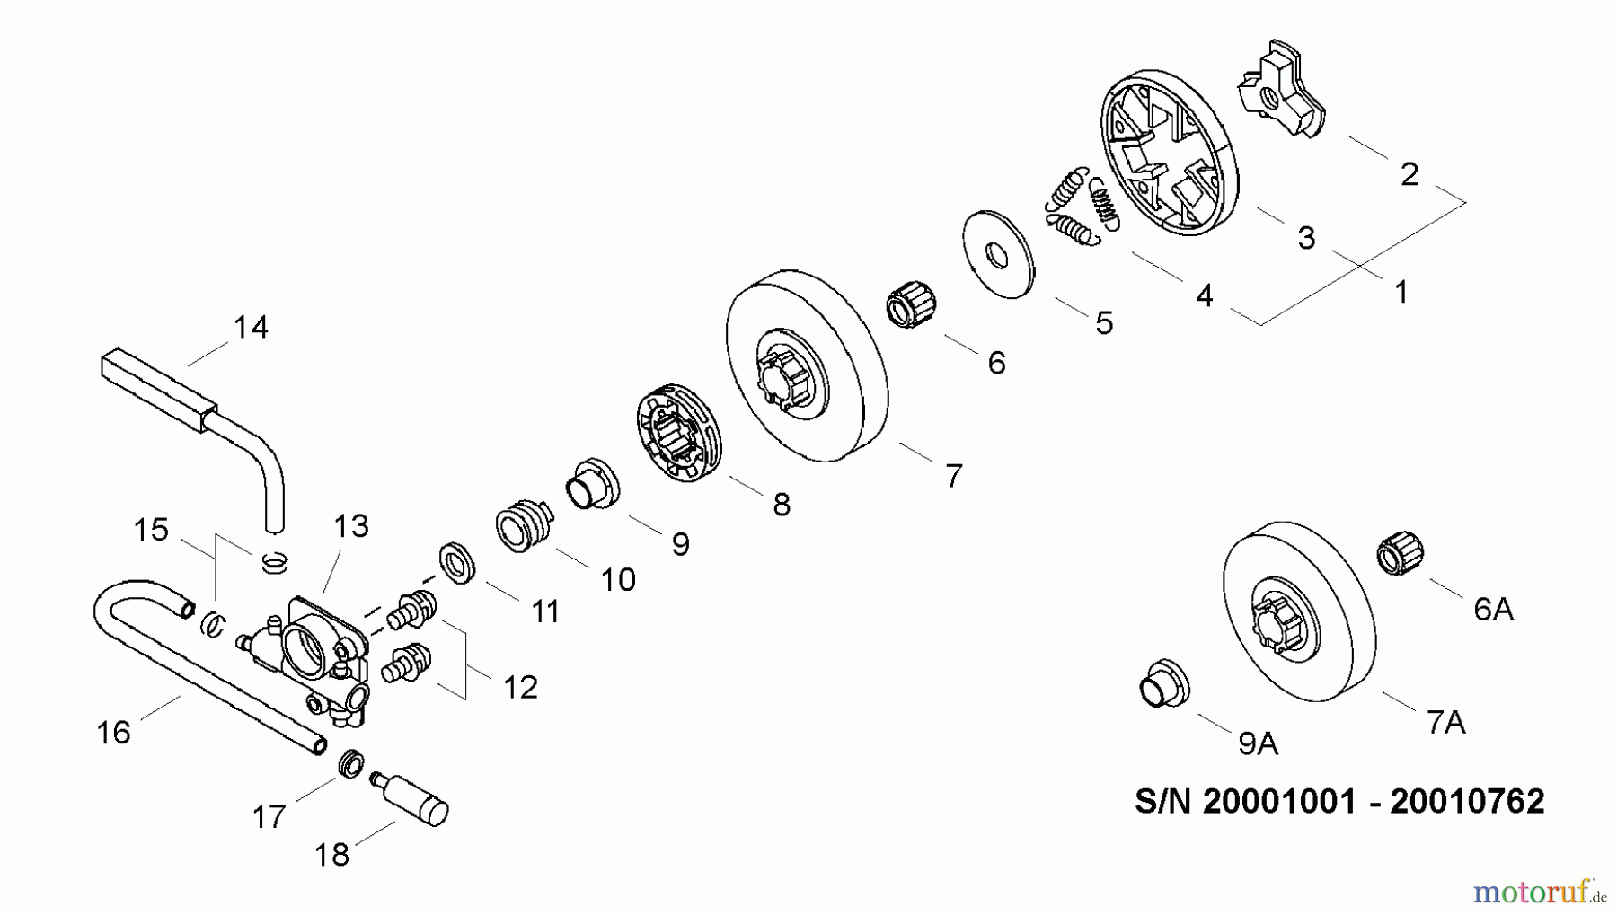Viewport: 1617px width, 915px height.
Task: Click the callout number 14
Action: point(251,327)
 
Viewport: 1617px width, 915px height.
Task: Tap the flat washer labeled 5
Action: point(998,254)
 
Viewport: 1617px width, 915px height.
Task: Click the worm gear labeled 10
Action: point(522,524)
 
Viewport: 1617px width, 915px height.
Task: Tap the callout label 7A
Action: point(1445,722)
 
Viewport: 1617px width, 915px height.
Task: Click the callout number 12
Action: point(520,687)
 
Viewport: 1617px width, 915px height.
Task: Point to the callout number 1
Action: point(1401,292)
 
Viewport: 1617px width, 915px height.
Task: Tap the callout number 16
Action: point(113,733)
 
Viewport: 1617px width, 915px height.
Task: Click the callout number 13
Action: point(351,526)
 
